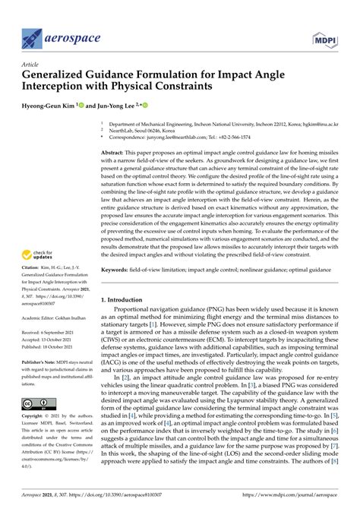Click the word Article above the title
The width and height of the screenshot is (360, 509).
point(30,66)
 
